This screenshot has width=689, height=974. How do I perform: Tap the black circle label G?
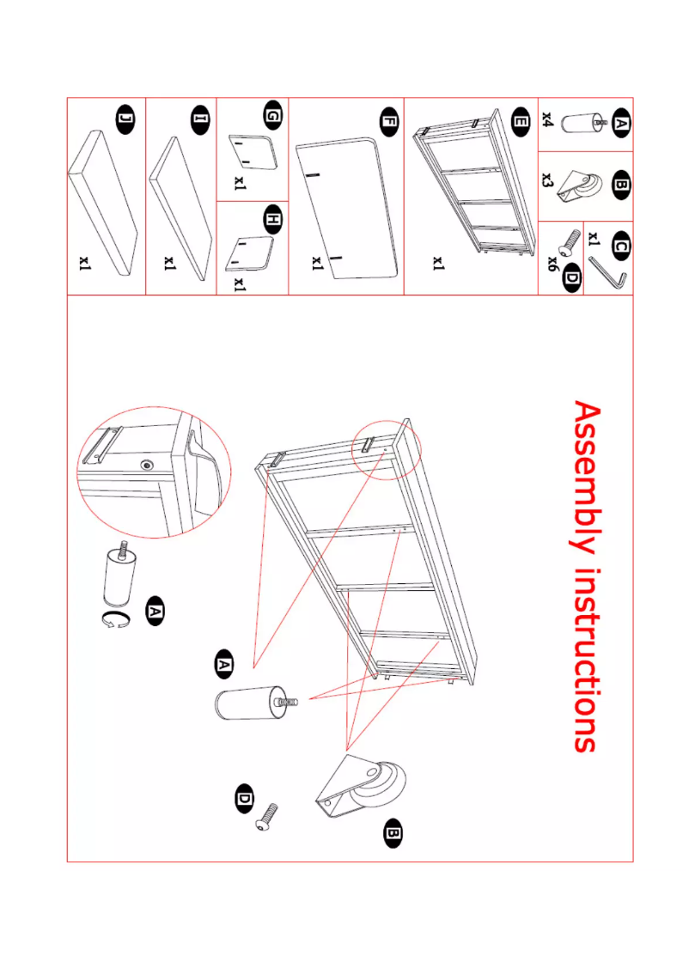tap(272, 115)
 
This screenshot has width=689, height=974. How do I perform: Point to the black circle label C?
tap(619, 247)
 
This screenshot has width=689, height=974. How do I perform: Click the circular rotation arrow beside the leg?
tap(116, 622)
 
